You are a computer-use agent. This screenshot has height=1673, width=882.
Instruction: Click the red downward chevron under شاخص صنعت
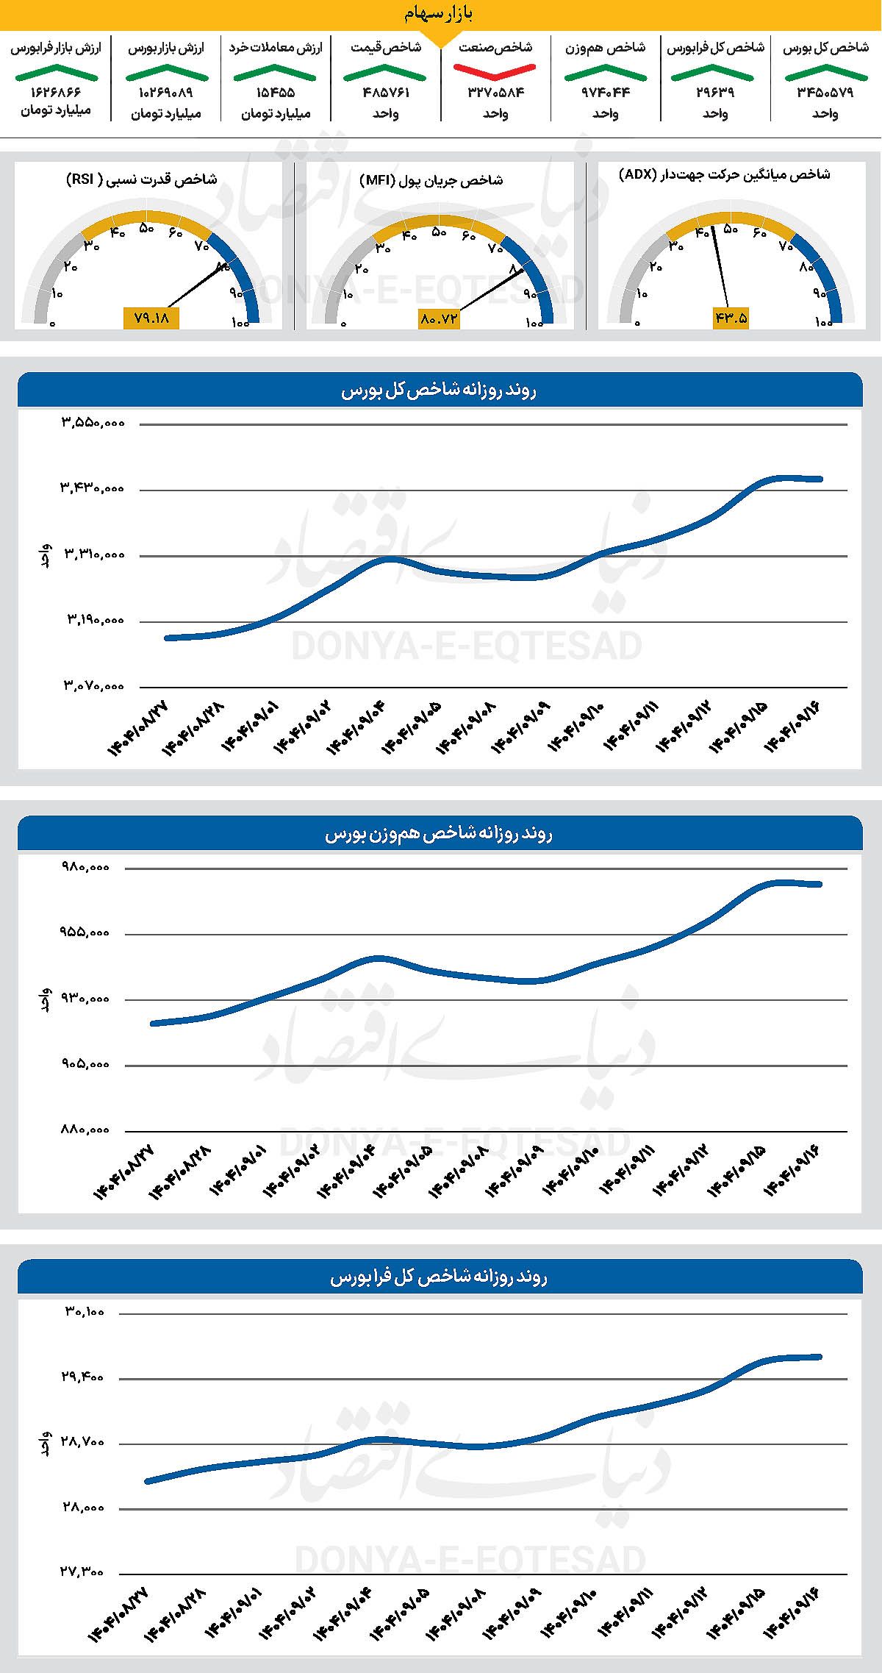tap(495, 71)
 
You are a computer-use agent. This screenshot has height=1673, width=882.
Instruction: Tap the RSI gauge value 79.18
tap(151, 318)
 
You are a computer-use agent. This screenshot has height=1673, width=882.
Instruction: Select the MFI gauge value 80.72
tap(439, 318)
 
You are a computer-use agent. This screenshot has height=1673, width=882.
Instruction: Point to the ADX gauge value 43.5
tap(731, 318)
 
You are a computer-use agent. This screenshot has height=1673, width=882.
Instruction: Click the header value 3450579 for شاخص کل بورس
tap(825, 93)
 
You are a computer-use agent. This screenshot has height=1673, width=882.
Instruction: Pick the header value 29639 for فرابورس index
tap(715, 93)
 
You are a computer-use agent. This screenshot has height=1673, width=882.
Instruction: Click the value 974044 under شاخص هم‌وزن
tap(606, 93)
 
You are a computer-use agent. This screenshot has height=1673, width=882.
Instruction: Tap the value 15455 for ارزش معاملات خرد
tap(276, 93)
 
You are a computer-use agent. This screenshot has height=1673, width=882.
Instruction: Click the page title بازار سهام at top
tap(439, 13)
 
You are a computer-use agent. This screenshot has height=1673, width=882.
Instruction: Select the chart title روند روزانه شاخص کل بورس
tap(439, 390)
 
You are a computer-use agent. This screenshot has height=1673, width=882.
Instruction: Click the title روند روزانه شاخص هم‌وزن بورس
tap(439, 834)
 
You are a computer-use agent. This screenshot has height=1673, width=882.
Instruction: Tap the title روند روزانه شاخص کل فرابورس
tap(439, 1277)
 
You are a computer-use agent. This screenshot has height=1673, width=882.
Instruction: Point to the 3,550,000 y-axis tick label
tap(93, 423)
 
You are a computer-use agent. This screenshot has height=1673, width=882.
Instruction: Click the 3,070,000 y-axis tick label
tap(93, 686)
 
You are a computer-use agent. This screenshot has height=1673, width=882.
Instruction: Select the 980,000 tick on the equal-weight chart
tap(85, 867)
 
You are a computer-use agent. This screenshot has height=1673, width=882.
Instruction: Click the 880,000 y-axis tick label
tap(85, 1130)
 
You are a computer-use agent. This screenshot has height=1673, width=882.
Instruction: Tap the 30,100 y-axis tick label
tap(85, 1311)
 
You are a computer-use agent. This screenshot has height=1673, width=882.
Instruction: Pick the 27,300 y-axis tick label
tap(82, 1572)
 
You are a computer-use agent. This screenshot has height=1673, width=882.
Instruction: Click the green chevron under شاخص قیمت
tap(385, 73)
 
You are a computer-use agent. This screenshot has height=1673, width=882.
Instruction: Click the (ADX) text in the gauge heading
tap(637, 174)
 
